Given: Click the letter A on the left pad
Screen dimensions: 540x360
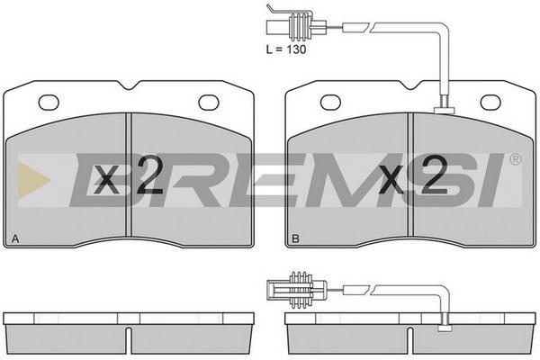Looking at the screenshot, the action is pyautogui.click(x=15, y=238).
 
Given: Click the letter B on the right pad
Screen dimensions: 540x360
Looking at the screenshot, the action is pyautogui.click(x=295, y=238).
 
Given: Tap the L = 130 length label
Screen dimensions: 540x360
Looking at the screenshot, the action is pyautogui.click(x=286, y=49).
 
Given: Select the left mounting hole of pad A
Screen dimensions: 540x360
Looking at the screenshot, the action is pyautogui.click(x=49, y=103).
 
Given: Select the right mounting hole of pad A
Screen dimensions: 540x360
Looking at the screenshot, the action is pyautogui.click(x=209, y=103).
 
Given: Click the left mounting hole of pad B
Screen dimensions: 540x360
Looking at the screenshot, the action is pyautogui.click(x=330, y=103).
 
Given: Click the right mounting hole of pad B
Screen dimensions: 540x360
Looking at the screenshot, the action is pyautogui.click(x=490, y=103).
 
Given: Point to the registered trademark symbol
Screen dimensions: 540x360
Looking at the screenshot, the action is pyautogui.click(x=516, y=159).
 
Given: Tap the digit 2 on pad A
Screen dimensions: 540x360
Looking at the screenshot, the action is pyautogui.click(x=148, y=175).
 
